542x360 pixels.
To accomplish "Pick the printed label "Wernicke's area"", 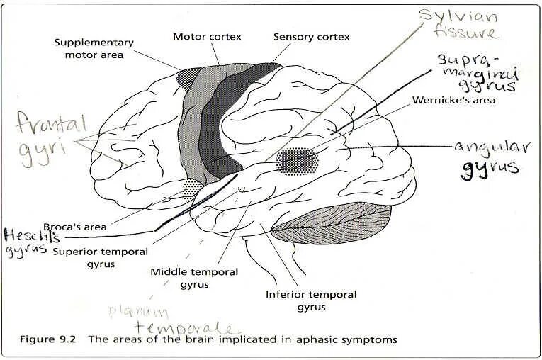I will (453, 100).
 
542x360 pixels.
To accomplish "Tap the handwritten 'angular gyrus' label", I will (489, 156).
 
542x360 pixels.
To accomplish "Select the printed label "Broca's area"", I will (76, 227).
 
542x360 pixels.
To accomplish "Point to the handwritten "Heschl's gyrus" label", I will (26, 241).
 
